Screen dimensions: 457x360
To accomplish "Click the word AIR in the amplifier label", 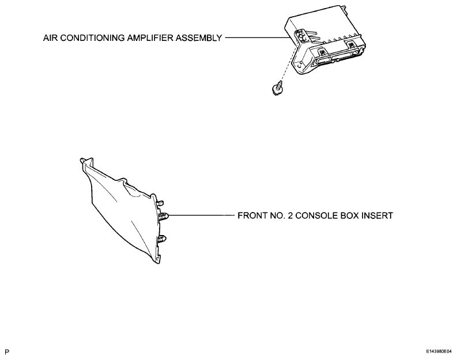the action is [x=50, y=38].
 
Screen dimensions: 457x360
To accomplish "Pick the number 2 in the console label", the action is [x=290, y=216].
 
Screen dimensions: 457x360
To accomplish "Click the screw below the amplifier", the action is [x=276, y=89].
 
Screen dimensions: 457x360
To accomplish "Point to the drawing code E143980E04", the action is [x=439, y=351].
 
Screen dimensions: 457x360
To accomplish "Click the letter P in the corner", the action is [x=7, y=352].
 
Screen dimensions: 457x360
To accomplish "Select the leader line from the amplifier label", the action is [x=258, y=37].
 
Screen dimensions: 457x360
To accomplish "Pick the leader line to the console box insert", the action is [x=201, y=215].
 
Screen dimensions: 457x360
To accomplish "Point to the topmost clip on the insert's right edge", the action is [x=160, y=203].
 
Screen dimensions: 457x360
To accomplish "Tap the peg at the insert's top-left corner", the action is [x=82, y=160].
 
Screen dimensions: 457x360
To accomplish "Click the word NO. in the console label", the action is [x=277, y=216].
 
